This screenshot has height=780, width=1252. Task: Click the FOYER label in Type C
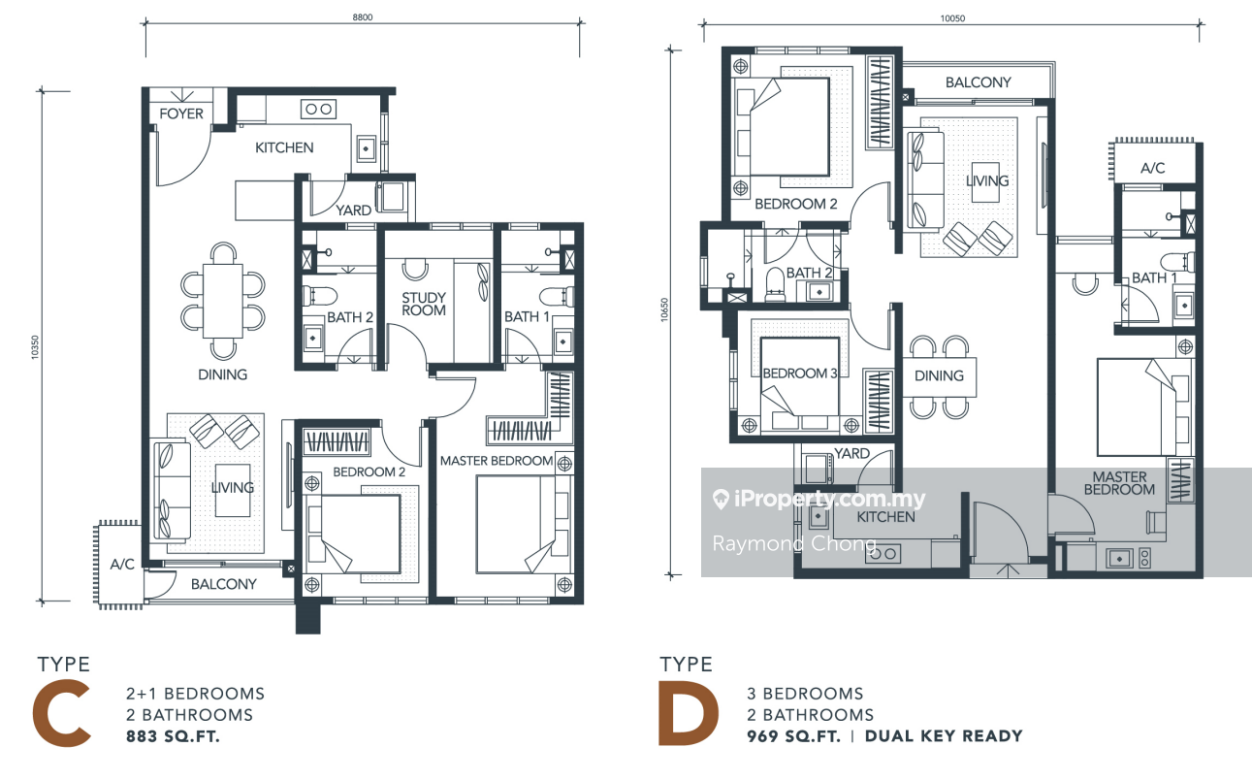coord(181,114)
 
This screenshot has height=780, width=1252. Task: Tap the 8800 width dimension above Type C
coord(362,17)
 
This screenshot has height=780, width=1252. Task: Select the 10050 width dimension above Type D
coord(952,18)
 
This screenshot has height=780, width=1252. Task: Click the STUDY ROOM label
coord(424,305)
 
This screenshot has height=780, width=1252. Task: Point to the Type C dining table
coord(223,301)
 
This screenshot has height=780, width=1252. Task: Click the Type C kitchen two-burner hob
coord(319,109)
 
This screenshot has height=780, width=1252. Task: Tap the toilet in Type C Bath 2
coord(320,296)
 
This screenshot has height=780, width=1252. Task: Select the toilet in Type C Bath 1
coord(557,296)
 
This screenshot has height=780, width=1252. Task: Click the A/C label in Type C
coord(122,565)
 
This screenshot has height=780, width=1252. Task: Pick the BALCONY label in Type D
coord(979,82)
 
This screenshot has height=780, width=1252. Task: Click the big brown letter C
coord(61,713)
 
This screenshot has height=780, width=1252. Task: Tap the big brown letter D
coord(688,713)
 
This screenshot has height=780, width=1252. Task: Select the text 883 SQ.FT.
coord(173,736)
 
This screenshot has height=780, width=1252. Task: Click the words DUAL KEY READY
coord(944,735)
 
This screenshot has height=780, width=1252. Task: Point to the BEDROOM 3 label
coord(800,373)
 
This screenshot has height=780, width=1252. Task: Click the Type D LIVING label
coord(987,180)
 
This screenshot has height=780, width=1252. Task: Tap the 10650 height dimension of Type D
coord(664,309)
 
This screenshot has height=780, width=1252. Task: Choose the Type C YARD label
coord(353,211)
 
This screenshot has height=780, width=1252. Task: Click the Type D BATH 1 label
coord(1154,277)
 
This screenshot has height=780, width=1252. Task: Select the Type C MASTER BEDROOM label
coord(497,461)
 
